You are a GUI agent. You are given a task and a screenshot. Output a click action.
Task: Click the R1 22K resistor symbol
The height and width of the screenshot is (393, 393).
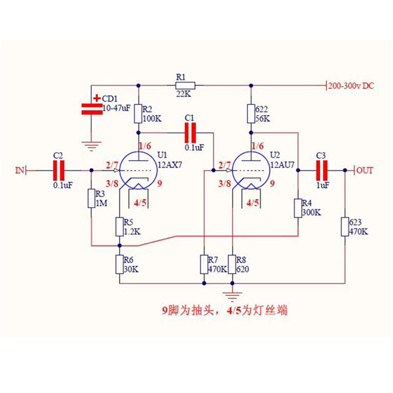[x=185, y=85]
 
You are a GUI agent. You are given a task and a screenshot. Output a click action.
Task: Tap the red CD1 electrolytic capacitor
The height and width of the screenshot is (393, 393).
[x=91, y=108]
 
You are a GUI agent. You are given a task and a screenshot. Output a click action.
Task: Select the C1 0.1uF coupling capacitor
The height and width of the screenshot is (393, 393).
[x=190, y=132]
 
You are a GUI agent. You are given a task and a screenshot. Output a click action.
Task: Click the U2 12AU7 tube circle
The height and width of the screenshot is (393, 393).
[x=250, y=170]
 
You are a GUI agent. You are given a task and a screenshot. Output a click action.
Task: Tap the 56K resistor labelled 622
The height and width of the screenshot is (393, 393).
[x=251, y=113]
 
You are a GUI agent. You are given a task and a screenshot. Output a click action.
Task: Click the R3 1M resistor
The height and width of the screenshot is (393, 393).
[x=91, y=198]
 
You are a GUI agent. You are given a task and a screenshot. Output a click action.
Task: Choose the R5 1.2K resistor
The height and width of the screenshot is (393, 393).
[x=119, y=226]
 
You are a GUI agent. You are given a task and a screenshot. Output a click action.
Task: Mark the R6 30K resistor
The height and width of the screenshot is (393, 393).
[x=119, y=264]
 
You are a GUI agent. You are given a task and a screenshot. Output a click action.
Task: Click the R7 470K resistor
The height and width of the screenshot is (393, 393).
[x=205, y=264]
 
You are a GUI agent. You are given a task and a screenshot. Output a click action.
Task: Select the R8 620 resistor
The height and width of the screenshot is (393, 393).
[x=232, y=264]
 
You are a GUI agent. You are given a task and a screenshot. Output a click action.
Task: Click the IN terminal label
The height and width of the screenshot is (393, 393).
[x=20, y=170]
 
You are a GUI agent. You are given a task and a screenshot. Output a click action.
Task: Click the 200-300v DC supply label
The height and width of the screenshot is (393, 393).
[x=352, y=85]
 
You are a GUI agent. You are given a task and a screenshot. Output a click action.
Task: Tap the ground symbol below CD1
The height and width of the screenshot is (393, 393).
[x=91, y=144]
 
